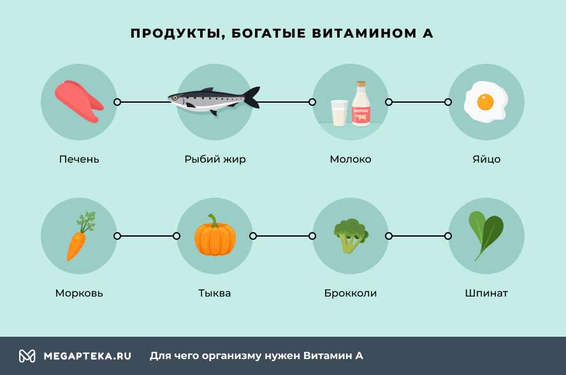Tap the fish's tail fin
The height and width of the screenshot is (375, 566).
(x=252, y=98)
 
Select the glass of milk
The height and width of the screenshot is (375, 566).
(x=339, y=114)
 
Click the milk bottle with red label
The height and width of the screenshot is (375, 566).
(x=361, y=105)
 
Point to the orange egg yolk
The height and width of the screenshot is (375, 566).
(x=486, y=101)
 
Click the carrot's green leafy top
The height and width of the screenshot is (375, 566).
(x=87, y=222)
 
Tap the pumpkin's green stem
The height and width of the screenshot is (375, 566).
(x=214, y=221)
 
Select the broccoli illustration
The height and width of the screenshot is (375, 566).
(x=350, y=237)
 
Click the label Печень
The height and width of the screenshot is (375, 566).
(x=79, y=159)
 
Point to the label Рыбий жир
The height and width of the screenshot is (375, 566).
(x=215, y=159)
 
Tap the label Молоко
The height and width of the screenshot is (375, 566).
(x=351, y=159)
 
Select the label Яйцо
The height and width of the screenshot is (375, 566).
(x=486, y=159)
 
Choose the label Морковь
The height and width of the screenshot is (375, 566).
(x=79, y=293)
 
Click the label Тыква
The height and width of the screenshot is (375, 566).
(x=215, y=293)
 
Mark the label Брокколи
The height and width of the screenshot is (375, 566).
(x=351, y=293)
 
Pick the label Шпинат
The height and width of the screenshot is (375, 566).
(x=486, y=293)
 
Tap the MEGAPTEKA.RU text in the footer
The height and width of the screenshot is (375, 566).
(x=87, y=356)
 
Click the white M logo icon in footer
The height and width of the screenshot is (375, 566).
(x=27, y=356)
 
